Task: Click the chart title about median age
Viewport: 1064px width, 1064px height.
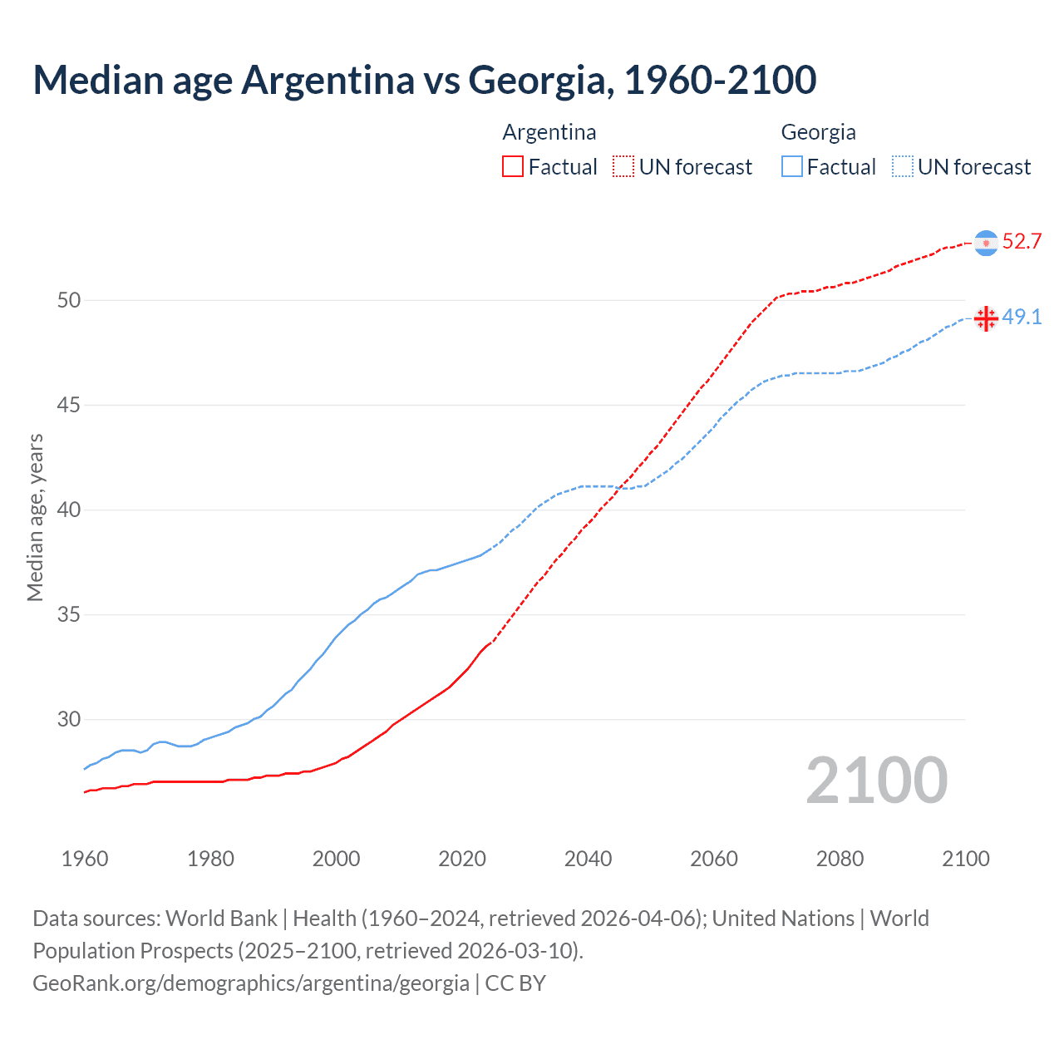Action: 424,80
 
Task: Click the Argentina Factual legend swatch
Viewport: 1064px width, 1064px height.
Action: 513,166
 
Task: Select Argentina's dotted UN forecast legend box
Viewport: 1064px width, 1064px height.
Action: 623,166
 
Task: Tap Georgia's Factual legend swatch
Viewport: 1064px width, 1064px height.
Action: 792,166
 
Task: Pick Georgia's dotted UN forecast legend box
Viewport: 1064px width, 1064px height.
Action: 903,166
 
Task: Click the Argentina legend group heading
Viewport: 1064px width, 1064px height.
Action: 549,132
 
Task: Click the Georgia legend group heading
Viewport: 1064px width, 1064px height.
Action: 818,132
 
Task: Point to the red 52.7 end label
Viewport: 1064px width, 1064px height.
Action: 1022,242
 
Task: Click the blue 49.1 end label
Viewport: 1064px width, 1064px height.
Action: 1022,317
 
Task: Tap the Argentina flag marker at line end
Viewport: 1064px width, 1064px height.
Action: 986,243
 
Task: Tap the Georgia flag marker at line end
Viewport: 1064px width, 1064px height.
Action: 986,318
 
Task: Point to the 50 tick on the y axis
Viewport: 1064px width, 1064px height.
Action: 69,300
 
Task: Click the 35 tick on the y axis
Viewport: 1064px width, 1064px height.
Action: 69,615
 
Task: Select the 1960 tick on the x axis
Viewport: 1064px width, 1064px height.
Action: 85,859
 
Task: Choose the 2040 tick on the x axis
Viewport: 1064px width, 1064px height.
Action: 588,859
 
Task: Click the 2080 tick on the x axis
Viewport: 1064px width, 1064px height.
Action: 840,859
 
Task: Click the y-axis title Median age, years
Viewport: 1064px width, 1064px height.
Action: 35,517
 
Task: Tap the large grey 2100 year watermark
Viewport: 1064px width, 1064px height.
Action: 876,781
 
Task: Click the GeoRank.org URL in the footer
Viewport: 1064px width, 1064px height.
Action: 251,983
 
